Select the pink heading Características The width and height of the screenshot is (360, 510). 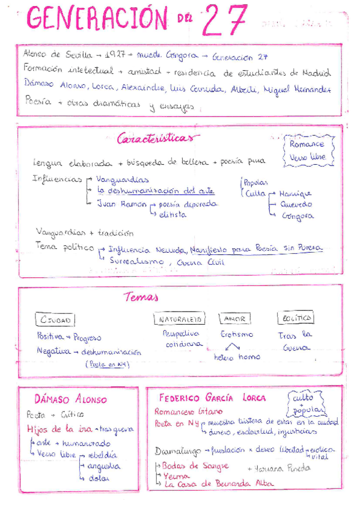[x=157, y=138]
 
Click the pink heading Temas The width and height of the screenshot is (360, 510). [x=141, y=296]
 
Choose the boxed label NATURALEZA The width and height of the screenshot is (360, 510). [x=180, y=319]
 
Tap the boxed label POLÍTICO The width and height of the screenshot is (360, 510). [x=296, y=318]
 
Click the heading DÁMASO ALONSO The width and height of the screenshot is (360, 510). [x=71, y=400]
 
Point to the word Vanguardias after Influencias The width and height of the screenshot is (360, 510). [x=123, y=179]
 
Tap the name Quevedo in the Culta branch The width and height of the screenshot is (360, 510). [x=296, y=204]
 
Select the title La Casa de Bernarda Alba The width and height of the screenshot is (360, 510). [x=218, y=484]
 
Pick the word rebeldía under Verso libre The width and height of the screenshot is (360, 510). [x=102, y=455]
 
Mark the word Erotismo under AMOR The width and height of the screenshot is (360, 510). [x=236, y=334]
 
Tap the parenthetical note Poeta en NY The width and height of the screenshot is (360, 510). [x=108, y=364]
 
